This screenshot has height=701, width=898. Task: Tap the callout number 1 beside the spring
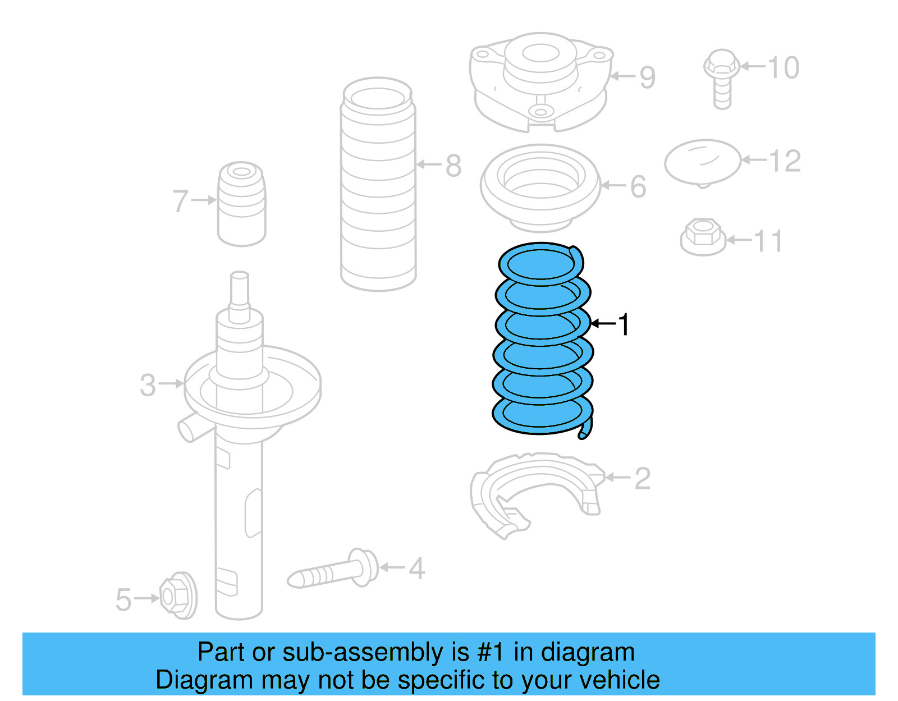click(x=624, y=324)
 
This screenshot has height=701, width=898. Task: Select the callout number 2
click(x=642, y=478)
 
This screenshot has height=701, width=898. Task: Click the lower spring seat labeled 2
click(x=533, y=494)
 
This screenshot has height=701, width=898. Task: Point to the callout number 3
click(x=148, y=385)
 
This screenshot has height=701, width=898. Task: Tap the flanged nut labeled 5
click(x=178, y=596)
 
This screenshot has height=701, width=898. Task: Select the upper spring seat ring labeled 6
click(x=540, y=188)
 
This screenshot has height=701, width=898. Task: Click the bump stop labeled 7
click(x=241, y=205)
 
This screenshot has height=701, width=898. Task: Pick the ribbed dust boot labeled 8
click(x=378, y=185)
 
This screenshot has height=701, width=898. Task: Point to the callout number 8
click(x=453, y=166)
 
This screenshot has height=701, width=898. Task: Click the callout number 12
click(x=785, y=161)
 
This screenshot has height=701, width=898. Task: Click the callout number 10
click(x=783, y=67)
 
